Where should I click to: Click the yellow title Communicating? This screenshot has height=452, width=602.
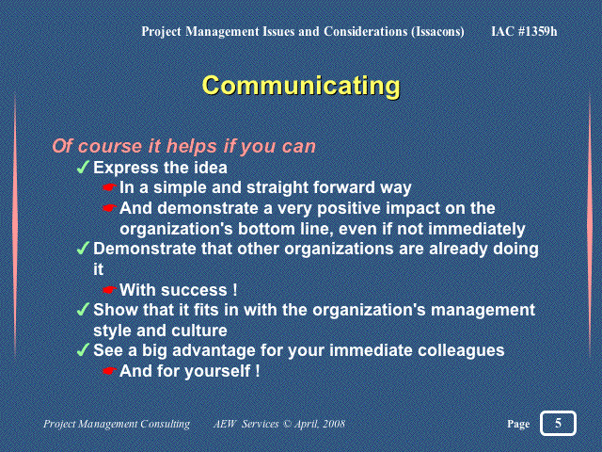click(x=301, y=86)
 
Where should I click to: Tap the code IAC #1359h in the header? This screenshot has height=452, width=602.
click(x=524, y=31)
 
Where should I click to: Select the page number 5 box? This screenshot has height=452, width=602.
click(x=558, y=423)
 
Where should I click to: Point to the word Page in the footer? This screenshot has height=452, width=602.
click(x=518, y=424)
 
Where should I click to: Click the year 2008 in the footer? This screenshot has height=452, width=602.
click(x=333, y=424)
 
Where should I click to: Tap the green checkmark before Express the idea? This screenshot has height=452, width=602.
click(x=83, y=168)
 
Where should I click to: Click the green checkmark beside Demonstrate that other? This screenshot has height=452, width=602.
click(x=83, y=249)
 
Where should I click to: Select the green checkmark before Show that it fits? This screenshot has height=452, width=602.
click(x=83, y=310)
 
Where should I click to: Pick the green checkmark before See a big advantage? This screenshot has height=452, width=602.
click(x=83, y=349)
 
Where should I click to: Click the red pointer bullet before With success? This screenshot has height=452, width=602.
click(x=109, y=290)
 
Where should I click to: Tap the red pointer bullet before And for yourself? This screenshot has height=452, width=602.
click(x=109, y=371)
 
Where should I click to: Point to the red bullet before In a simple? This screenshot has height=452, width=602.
click(x=109, y=187)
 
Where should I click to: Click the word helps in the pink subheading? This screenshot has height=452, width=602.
click(x=191, y=147)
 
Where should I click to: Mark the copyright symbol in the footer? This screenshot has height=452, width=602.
click(x=287, y=424)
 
